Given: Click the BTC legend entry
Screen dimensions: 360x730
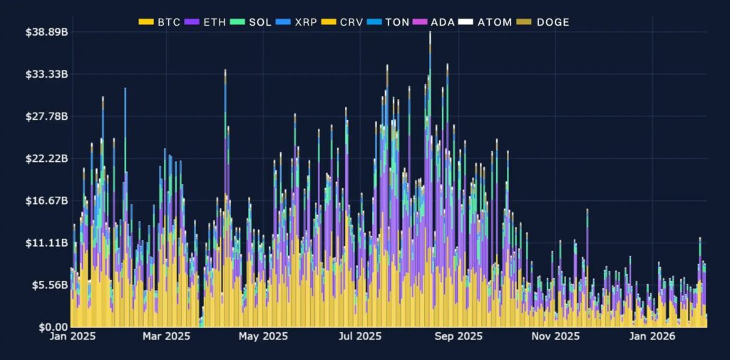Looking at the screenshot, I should pyautogui.click(x=160, y=22).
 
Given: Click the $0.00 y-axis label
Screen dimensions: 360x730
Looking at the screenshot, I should pyautogui.click(x=50, y=327).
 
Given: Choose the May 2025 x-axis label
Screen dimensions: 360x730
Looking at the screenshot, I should pyautogui.click(x=262, y=336).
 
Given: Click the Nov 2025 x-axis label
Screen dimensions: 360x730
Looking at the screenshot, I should pyautogui.click(x=556, y=336).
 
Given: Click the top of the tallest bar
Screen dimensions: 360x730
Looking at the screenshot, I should pyautogui.click(x=430, y=32).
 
